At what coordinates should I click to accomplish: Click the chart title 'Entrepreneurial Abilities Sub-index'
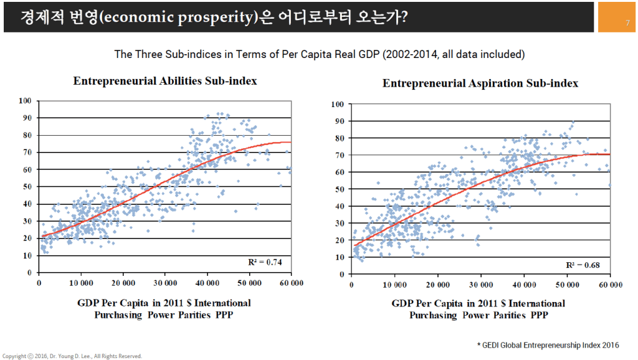165,81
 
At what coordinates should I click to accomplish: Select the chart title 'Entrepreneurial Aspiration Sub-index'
480,83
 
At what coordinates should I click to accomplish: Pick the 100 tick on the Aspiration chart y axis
338,103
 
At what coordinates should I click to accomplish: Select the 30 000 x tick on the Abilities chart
165,283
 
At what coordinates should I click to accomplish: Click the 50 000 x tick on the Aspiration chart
567,285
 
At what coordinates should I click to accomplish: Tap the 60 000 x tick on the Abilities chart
291,283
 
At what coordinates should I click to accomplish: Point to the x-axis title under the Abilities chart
165,308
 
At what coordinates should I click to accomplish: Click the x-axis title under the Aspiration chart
478,309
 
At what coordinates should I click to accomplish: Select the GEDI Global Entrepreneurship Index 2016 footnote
548,345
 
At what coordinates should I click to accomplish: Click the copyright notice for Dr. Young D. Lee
72,356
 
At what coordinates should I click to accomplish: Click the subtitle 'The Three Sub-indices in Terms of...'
319,54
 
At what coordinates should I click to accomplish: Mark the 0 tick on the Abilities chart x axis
39,283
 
